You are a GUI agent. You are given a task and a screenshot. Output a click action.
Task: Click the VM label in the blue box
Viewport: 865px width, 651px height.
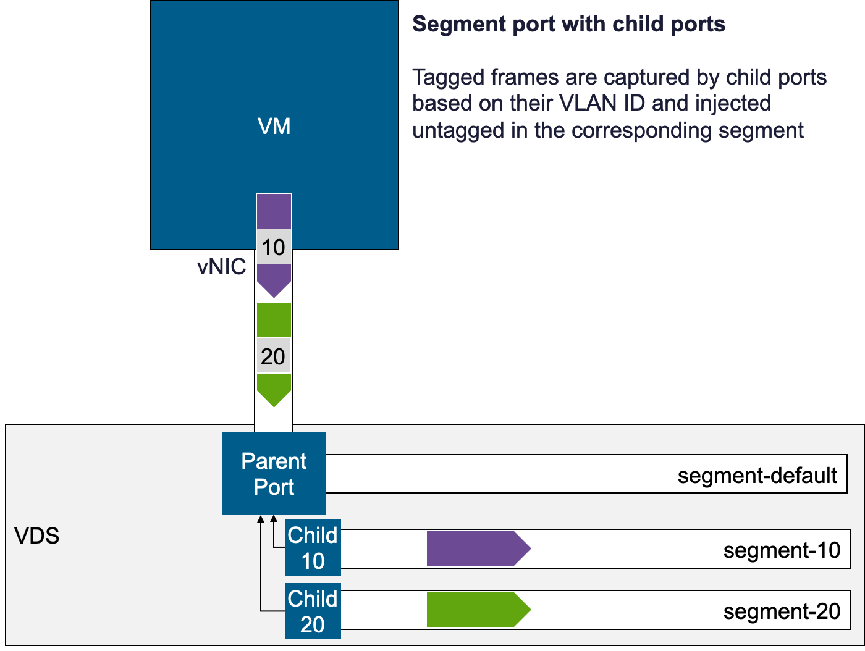[x=274, y=127]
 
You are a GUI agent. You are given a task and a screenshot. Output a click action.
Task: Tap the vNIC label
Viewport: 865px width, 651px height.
[x=221, y=267]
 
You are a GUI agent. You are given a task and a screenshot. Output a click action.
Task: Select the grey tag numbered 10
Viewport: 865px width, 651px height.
[x=274, y=247]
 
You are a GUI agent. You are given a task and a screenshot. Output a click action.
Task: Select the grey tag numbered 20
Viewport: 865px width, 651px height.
[x=273, y=356]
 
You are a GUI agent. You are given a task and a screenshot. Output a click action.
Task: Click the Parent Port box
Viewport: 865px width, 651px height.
[x=274, y=474]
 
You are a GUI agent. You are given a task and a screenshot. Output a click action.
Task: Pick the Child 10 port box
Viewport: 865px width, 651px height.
[x=313, y=548]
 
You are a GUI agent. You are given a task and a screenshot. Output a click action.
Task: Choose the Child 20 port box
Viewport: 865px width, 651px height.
[x=313, y=611]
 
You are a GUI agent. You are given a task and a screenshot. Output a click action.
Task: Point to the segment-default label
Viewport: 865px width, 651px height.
[x=757, y=475]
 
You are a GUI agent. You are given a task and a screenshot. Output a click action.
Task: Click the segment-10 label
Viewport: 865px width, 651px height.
[x=782, y=550]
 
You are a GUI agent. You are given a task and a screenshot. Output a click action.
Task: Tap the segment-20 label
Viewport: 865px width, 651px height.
[x=782, y=611]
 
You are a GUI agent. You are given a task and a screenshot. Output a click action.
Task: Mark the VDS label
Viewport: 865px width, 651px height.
[x=37, y=535]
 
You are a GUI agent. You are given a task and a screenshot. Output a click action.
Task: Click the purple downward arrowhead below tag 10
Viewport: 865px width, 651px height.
[x=274, y=282]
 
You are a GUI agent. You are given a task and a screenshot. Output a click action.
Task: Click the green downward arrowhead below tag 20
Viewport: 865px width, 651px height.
[x=274, y=390]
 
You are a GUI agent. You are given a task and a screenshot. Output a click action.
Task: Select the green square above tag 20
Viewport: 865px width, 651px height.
[x=274, y=320]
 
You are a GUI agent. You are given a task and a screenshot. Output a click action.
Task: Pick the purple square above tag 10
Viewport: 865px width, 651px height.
[x=274, y=211]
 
